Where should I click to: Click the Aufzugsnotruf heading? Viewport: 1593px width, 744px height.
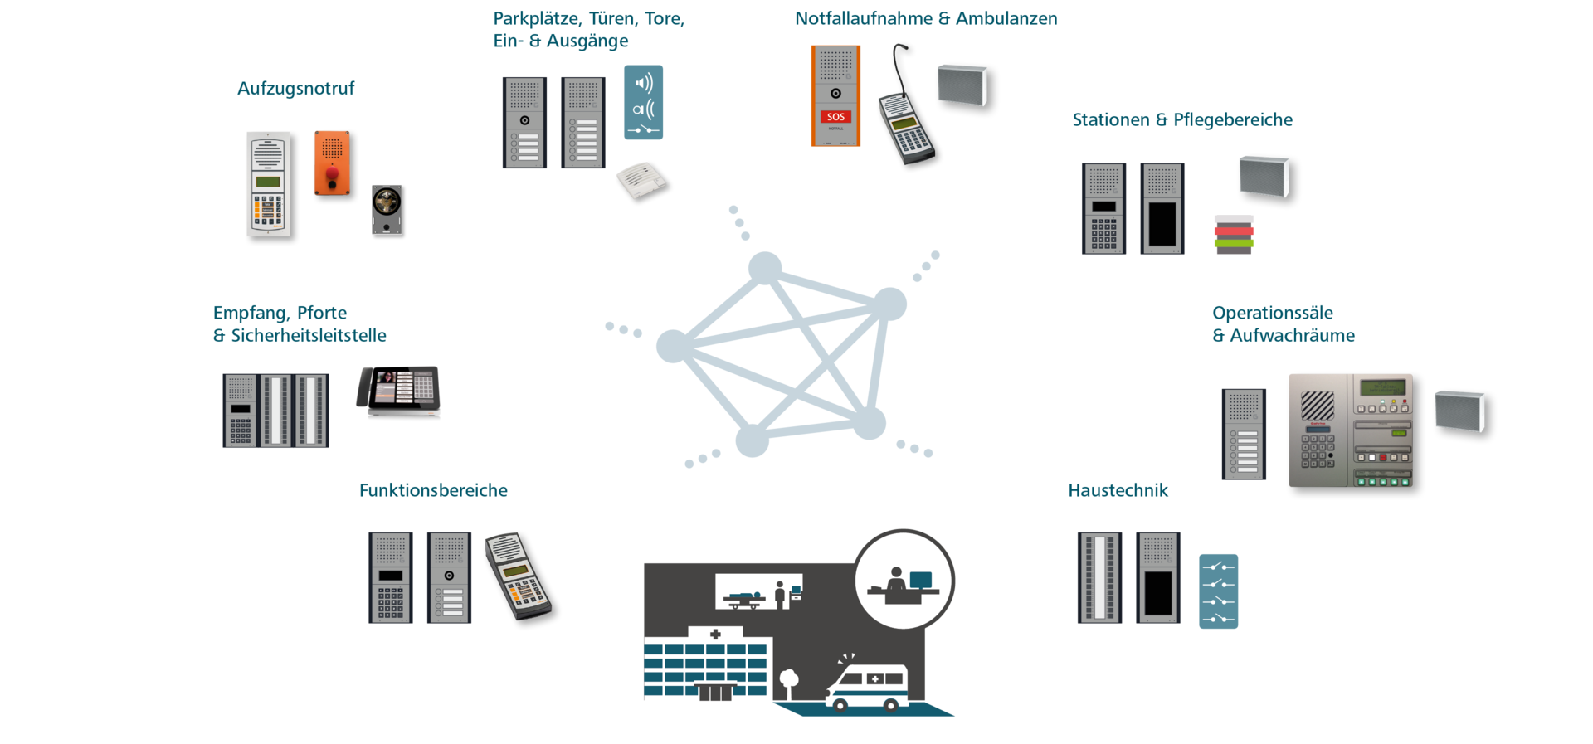295,89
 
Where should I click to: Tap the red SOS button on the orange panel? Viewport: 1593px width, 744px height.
835,117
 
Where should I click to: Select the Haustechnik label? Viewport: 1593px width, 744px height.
1118,490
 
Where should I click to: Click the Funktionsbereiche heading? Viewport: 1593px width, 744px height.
433,490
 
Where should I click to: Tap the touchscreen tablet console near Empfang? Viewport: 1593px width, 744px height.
399,391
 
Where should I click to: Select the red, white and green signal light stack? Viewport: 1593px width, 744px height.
1234,233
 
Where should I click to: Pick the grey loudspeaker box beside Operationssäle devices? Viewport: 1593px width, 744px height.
1459,411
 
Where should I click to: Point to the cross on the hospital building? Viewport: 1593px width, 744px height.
715,635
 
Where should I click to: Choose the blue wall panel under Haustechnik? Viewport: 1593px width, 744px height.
1218,591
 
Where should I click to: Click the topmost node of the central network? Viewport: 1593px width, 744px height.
764,268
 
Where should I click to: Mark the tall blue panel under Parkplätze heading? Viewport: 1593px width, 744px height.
643,102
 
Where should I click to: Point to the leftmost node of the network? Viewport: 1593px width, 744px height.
672,346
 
